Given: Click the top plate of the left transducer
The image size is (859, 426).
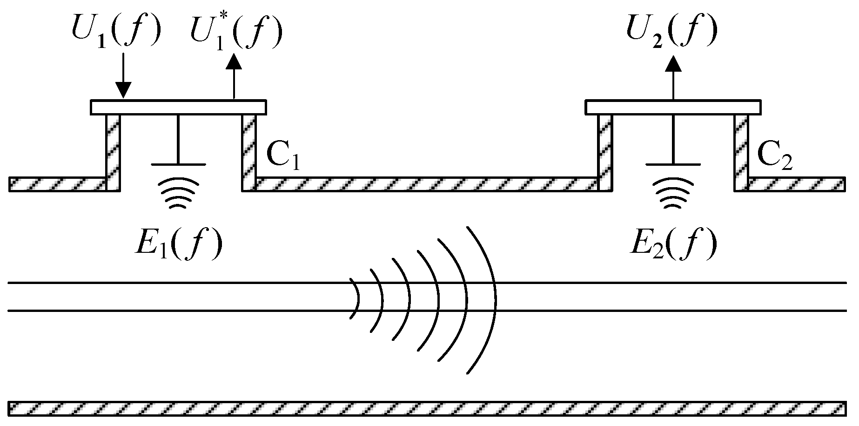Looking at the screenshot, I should (x=178, y=107).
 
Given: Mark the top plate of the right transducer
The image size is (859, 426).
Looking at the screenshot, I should (x=673, y=107).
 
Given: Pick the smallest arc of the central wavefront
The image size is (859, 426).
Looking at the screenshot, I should (x=358, y=298).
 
